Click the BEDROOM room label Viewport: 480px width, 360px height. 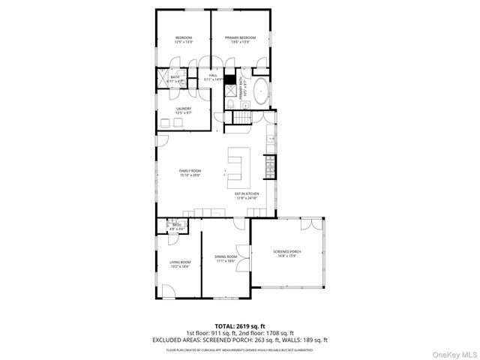tap(184, 37)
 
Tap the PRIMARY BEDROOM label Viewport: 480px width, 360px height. tap(240, 37)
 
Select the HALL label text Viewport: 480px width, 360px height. tap(212, 75)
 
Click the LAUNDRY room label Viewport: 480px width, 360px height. tap(184, 109)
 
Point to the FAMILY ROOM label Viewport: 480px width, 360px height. tap(190, 171)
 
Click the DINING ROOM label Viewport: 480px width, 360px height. tap(226, 257)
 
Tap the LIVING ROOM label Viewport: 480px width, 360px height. tap(179, 262)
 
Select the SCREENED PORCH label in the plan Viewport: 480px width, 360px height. tap(286, 251)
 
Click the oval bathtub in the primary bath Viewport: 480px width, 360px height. tap(259, 91)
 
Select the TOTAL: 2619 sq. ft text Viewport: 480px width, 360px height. tap(239, 325)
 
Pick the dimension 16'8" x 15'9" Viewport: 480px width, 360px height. tap(286, 256)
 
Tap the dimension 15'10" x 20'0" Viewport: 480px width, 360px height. tap(190, 175)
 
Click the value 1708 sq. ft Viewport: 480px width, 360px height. tap(280, 332)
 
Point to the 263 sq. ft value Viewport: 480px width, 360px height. tap(255, 339)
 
